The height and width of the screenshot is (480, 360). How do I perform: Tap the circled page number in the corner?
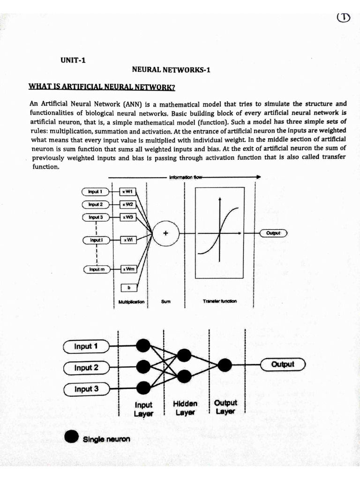pos(344,17)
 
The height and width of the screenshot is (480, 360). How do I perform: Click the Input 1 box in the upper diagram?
pos(95,192)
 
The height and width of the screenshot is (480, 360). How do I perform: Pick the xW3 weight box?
pos(128,217)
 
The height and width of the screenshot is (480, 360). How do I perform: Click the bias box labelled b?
pos(128,287)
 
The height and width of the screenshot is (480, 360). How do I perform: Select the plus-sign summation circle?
pos(165,232)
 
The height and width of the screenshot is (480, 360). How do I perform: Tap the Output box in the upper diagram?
pos(272,232)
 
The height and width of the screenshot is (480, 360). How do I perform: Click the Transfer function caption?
pos(220,301)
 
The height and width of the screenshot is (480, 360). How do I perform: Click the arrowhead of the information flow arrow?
pos(258,177)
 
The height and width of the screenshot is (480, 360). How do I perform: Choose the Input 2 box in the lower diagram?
pos(86,368)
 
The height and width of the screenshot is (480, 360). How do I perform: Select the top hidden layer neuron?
pos(184,355)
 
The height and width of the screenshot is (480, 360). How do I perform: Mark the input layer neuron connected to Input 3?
pos(143,387)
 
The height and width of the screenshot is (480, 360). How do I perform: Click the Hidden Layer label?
pos(185,408)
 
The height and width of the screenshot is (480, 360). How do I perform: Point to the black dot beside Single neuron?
pos(72,437)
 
